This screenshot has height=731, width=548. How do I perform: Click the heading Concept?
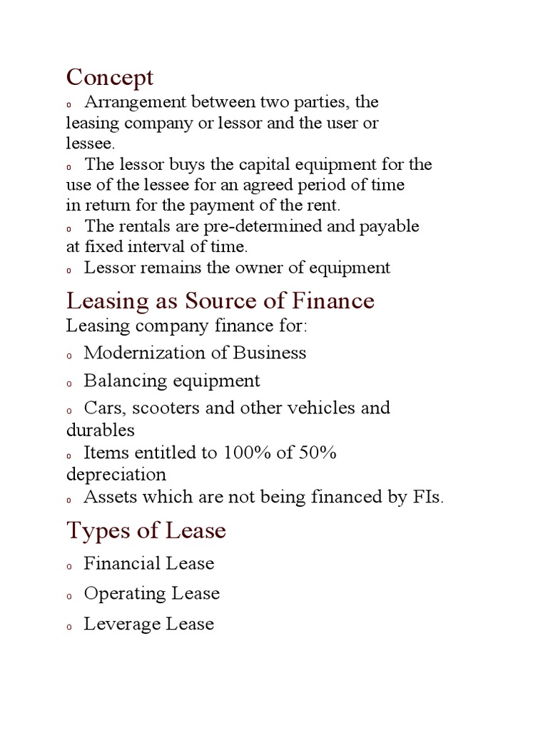[110, 76]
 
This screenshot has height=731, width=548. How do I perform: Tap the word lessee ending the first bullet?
[88, 143]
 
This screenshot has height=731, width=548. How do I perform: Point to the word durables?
[101, 430]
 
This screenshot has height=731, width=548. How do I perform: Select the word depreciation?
[116, 475]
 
